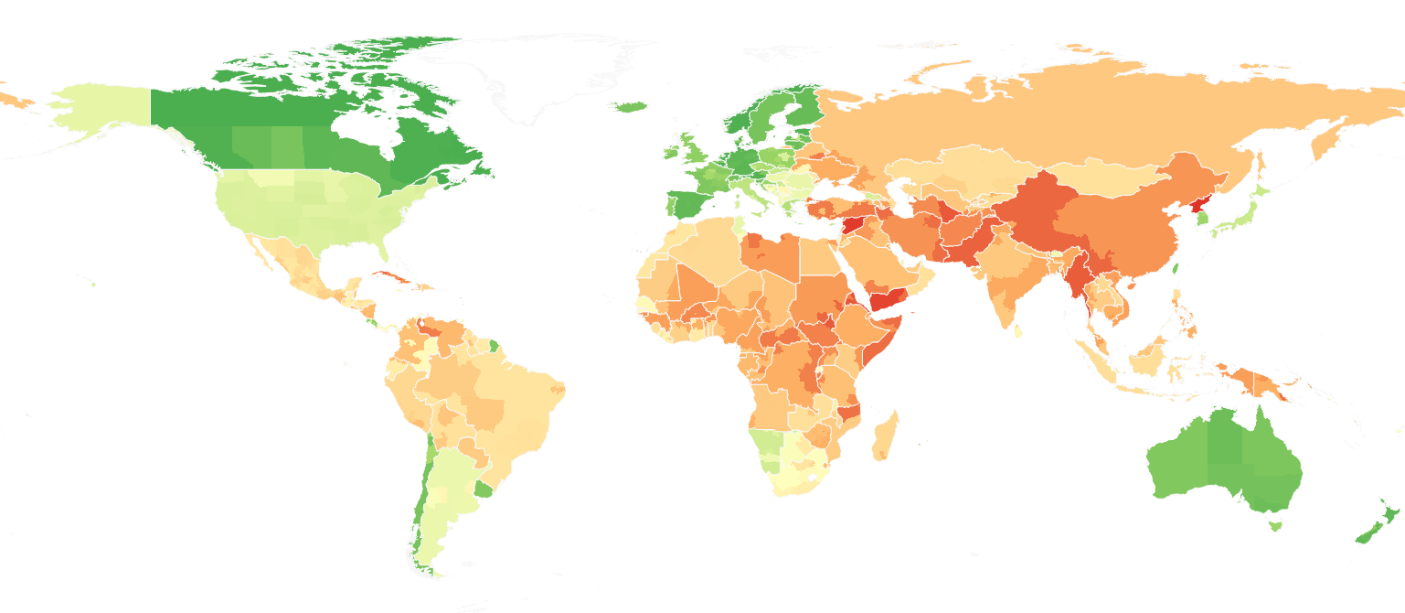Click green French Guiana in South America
494,346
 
